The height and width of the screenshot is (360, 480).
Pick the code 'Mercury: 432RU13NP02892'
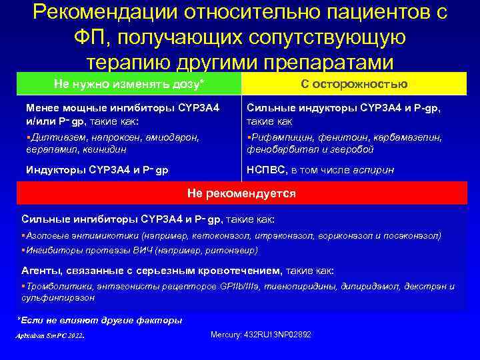coord(261,334)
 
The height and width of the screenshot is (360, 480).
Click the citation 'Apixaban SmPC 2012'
coord(49,335)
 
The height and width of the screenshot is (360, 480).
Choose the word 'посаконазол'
coord(412,235)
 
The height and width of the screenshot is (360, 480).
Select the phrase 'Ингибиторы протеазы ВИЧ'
coord(78,250)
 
